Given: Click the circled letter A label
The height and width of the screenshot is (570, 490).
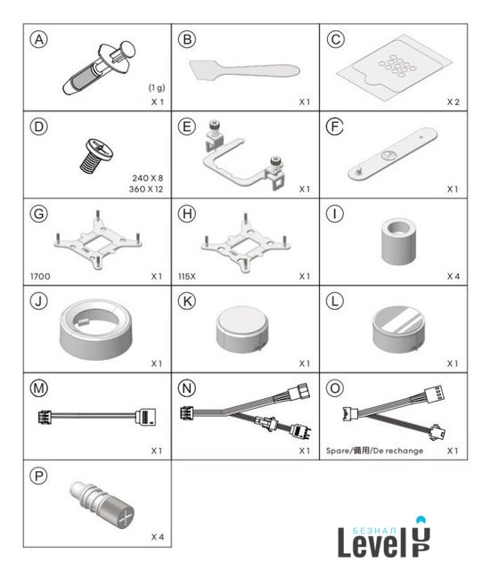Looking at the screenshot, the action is click(39, 39).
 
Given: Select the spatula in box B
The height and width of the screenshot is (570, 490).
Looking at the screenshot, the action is click(244, 69).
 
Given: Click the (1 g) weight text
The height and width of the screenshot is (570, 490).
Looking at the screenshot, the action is click(157, 87).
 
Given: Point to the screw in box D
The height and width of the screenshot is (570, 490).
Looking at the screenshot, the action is click(96, 155).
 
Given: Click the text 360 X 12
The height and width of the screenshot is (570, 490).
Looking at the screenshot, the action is click(146, 189).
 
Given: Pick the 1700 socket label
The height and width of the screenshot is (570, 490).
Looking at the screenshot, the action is click(40, 276).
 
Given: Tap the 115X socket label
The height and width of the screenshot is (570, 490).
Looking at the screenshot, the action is click(187, 276).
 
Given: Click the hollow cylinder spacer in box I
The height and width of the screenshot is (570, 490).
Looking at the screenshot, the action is click(398, 241).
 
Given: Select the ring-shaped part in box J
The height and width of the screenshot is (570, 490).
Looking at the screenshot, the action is click(96, 329).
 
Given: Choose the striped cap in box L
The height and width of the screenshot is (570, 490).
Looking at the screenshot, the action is click(398, 330).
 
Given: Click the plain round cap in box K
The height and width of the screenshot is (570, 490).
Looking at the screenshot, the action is click(242, 330).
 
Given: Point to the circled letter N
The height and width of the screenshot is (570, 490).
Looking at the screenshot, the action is click(187, 388).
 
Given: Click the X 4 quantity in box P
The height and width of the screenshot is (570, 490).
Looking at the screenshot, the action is click(158, 537).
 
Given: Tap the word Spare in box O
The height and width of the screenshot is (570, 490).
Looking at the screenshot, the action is click(337, 451).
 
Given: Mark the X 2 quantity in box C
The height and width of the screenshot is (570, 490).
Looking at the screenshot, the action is click(453, 102).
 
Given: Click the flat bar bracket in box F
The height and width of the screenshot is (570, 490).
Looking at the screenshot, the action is click(393, 154).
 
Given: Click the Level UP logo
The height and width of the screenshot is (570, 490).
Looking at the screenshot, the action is click(384, 537).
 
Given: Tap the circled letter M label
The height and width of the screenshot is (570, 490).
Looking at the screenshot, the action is click(39, 388).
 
